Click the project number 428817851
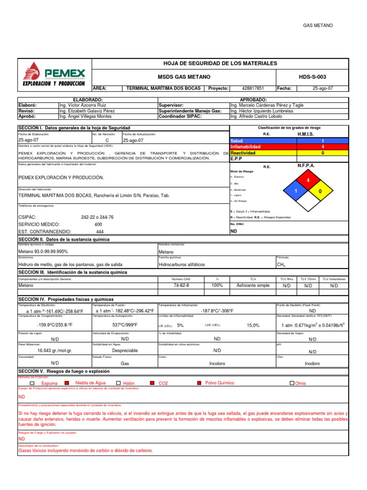click(253, 89)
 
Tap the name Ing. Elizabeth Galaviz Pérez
click(86, 111)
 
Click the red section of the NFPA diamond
click(308, 180)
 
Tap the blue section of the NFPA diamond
click(296, 191)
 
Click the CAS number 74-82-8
click(181, 285)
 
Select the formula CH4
click(281, 265)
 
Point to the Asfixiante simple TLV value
click(253, 285)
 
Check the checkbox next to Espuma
click(32, 383)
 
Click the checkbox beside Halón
click(118, 383)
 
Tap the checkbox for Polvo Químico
click(200, 383)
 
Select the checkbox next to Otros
click(292, 383)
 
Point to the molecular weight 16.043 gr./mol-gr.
click(54, 351)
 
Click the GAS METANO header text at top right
click(318, 25)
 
